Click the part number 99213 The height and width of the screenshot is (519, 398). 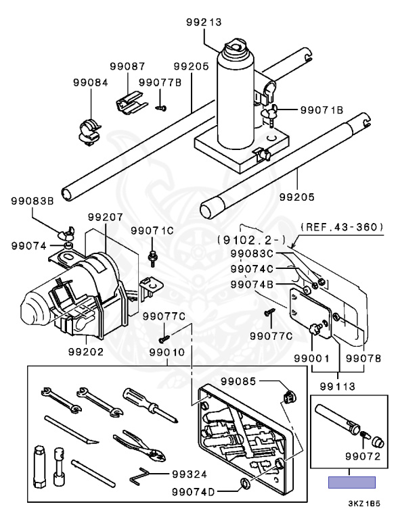[x=204, y=22]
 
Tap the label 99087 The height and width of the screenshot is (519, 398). [x=128, y=66]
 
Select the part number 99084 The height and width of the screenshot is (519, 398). [x=91, y=82]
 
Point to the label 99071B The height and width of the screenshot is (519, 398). [x=322, y=109]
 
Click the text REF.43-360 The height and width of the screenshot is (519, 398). [x=342, y=227]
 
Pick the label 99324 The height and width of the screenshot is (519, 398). [x=190, y=474]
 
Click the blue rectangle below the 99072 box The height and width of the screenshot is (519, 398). [x=352, y=483]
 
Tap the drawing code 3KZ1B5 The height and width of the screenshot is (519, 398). [x=364, y=503]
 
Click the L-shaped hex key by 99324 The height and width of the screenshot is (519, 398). [x=139, y=475]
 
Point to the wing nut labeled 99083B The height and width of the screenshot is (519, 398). [x=66, y=234]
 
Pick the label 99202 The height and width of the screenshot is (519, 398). [x=86, y=351]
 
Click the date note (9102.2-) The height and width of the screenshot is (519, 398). [x=251, y=240]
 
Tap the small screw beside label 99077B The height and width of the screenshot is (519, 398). [x=161, y=107]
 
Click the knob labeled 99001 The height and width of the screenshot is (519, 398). [x=315, y=328]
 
